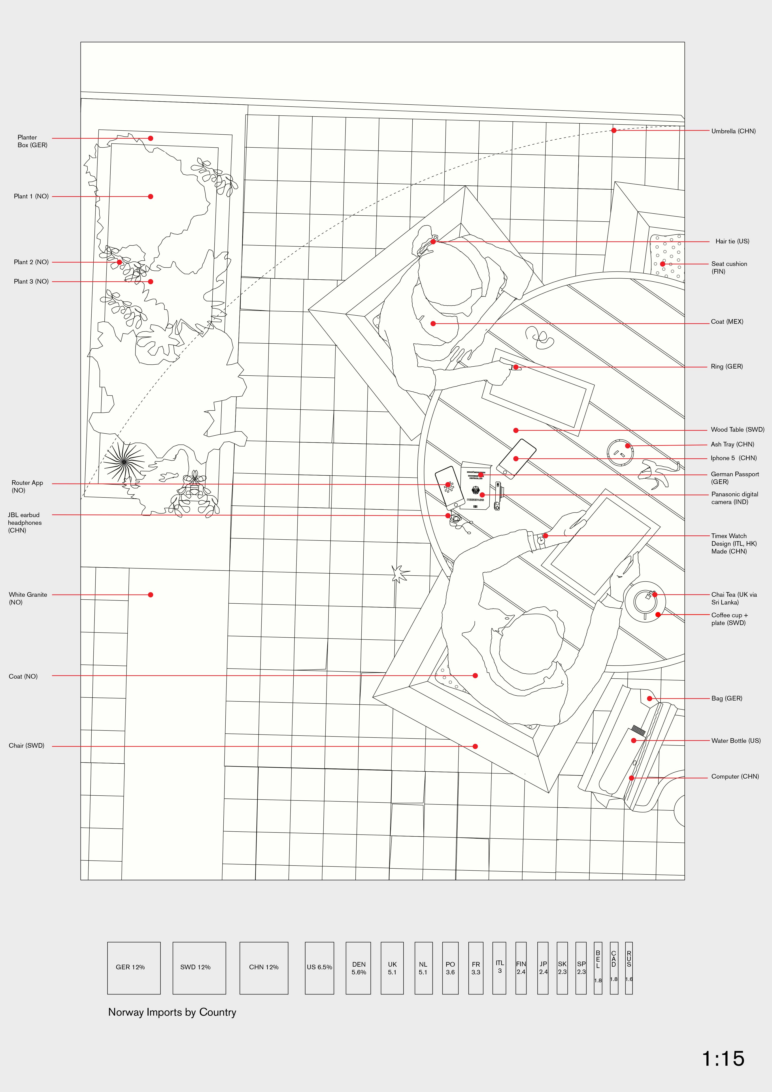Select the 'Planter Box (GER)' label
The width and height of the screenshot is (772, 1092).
click(x=32, y=141)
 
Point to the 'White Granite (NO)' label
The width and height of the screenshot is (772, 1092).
click(x=28, y=598)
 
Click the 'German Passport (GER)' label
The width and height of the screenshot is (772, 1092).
click(x=735, y=478)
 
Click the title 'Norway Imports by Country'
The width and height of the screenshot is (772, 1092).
click(x=172, y=1012)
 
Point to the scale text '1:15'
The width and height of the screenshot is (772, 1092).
click(x=723, y=1059)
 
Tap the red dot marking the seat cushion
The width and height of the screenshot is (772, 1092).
click(x=663, y=264)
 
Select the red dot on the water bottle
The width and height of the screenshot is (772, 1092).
click(x=634, y=740)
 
